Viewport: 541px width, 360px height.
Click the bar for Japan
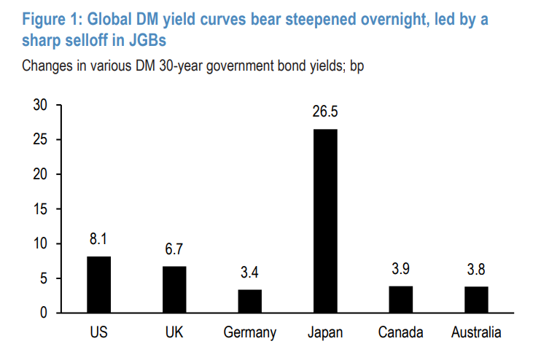pyautogui.click(x=325, y=221)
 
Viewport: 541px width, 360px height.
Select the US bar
pyautogui.click(x=99, y=284)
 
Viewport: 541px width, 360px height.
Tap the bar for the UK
pyautogui.click(x=174, y=289)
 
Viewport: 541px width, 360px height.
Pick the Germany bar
pyautogui.click(x=250, y=301)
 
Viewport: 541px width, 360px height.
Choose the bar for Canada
pyautogui.click(x=401, y=299)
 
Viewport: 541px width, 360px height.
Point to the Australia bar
pyautogui.click(x=476, y=300)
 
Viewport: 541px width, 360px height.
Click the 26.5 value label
pyautogui.click(x=325, y=112)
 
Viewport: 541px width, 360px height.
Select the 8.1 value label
pyautogui.click(x=99, y=240)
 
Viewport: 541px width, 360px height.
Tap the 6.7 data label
pyautogui.click(x=174, y=250)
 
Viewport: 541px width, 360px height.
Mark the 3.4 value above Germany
pyautogui.click(x=250, y=273)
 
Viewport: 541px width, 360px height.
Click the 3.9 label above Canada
pyautogui.click(x=401, y=270)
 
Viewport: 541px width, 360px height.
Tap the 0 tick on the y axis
pyautogui.click(x=44, y=313)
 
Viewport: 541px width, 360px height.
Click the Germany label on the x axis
pyautogui.click(x=250, y=333)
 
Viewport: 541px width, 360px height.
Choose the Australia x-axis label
pyautogui.click(x=476, y=333)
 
